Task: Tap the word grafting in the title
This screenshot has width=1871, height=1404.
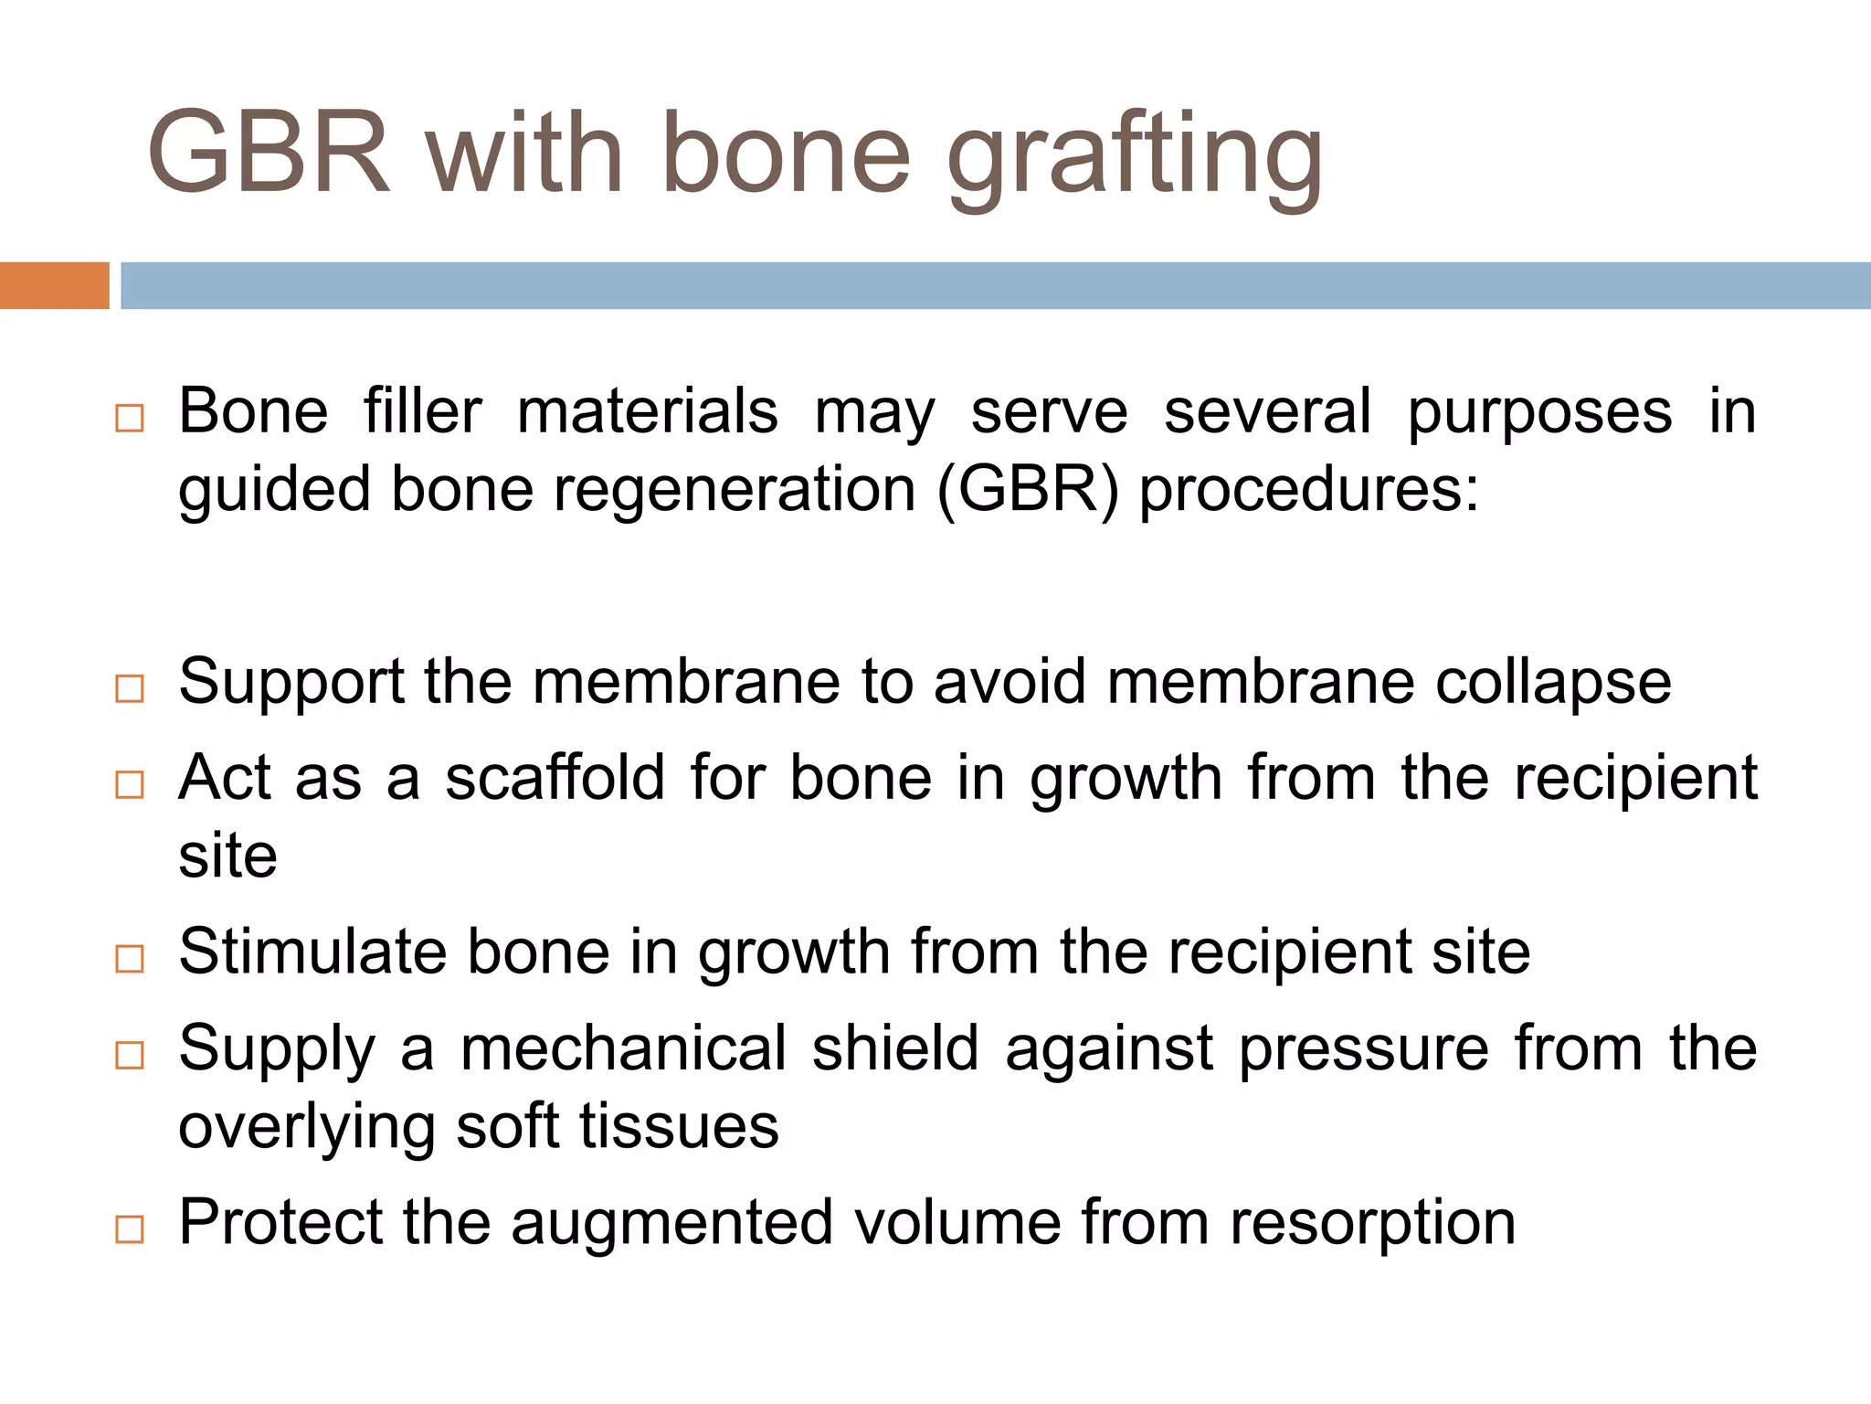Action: coord(1136,157)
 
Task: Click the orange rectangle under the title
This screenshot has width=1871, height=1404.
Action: coord(54,285)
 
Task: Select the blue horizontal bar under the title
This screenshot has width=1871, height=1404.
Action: coord(995,285)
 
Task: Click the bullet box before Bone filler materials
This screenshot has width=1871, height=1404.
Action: coord(130,418)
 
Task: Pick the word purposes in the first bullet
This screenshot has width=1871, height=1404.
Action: coord(1540,413)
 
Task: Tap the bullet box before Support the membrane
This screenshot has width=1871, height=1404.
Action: coord(130,688)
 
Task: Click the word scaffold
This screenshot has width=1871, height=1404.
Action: coord(555,778)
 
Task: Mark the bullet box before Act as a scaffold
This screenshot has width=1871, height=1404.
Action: coord(130,784)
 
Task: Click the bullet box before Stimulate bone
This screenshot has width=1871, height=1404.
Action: coord(130,958)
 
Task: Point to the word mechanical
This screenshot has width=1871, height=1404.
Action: coord(623,1048)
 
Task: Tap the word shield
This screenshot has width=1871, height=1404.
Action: coord(895,1048)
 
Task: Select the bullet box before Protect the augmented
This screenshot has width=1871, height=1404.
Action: coord(130,1229)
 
